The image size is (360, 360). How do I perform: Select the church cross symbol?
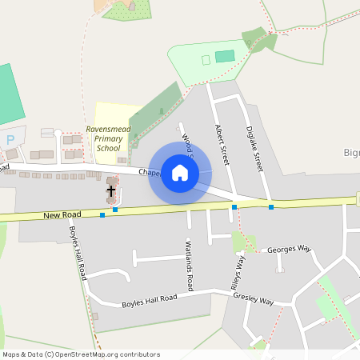click(x=110, y=191)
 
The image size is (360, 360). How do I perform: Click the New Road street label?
click(x=63, y=215)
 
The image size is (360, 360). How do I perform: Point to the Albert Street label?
click(x=222, y=144)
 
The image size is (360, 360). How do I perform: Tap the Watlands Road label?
click(x=190, y=264)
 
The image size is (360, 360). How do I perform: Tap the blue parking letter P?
click(x=10, y=139)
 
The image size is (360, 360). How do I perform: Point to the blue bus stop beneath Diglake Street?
click(x=271, y=207)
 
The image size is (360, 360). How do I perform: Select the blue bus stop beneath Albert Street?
click(x=234, y=207)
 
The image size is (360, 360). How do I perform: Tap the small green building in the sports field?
click(x=225, y=56)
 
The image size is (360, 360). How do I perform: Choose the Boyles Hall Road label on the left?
click(x=78, y=252)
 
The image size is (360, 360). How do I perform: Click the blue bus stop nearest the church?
click(x=116, y=210)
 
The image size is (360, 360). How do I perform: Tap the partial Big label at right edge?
click(x=351, y=152)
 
